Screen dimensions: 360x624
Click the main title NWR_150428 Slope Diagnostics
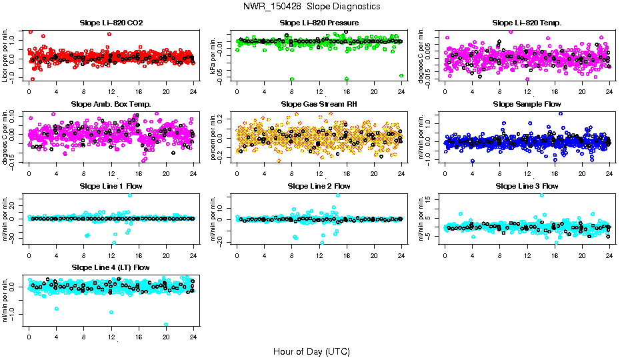tap(311, 6)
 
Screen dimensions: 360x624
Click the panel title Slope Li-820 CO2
tap(111, 23)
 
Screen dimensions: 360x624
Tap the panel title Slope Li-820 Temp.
tap(527, 23)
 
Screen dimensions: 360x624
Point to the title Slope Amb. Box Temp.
tap(111, 105)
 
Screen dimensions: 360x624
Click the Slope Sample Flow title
tap(527, 105)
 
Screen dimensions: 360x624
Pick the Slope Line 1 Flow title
tap(111, 186)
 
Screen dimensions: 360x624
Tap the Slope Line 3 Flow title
tap(527, 186)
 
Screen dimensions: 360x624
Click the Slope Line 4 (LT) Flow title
tap(111, 267)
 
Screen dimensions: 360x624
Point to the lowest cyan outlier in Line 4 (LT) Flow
tap(166, 325)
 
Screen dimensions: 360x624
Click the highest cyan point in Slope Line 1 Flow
tap(129, 195)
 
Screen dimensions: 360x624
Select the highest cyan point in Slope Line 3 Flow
tap(541, 195)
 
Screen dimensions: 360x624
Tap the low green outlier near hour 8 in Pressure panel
tap(292, 79)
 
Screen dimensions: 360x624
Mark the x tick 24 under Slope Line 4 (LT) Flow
tap(193, 336)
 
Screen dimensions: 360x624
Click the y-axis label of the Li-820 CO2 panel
tap(5, 55)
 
